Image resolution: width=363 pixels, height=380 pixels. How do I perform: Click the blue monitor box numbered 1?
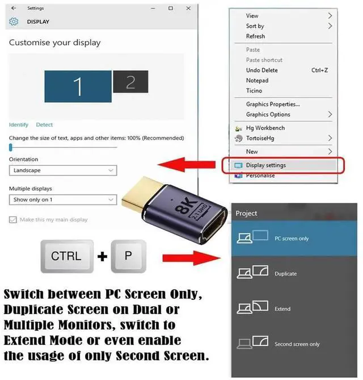[78, 86]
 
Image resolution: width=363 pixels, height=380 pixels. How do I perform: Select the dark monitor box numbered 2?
[130, 82]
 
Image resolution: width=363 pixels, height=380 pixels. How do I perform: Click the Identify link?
[18, 125]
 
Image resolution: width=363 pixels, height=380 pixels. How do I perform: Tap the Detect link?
[44, 125]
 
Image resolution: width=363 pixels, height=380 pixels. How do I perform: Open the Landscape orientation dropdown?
[63, 170]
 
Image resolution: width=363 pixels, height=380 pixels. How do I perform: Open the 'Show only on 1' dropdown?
[63, 200]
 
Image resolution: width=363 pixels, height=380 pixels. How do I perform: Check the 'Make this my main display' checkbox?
[13, 220]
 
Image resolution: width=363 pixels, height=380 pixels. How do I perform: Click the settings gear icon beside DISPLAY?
[14, 22]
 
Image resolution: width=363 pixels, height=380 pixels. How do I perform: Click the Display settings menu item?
[265, 165]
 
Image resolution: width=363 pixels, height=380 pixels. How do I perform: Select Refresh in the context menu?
[255, 36]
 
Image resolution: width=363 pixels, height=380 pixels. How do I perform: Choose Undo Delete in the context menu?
[261, 70]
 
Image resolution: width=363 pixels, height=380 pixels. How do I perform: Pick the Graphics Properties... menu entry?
[272, 105]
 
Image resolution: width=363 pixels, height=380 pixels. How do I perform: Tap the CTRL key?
[66, 256]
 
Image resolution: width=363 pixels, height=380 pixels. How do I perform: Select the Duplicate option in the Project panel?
[285, 274]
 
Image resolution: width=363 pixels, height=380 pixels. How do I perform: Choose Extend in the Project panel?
[282, 309]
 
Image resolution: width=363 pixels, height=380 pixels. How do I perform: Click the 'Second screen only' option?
[297, 344]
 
